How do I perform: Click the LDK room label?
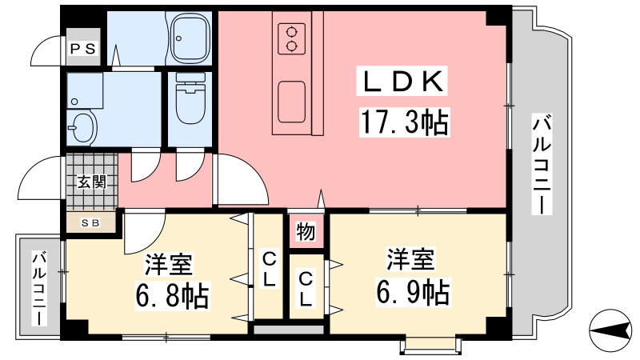click(x=402, y=81)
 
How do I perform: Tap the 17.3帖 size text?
click(x=403, y=122)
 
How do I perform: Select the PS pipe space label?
click(x=83, y=49)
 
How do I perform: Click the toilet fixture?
click(x=190, y=98)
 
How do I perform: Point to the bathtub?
click(x=190, y=38)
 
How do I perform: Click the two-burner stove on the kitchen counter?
click(x=291, y=38)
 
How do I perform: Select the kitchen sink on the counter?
click(x=291, y=102)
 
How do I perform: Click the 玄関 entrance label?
click(x=92, y=182)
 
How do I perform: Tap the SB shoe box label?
click(x=90, y=223)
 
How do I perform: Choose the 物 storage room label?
click(x=306, y=232)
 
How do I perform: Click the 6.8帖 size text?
click(x=171, y=295)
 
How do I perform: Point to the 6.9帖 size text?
click(x=412, y=292)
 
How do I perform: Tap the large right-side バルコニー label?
click(x=542, y=165)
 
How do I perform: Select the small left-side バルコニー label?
click(x=39, y=289)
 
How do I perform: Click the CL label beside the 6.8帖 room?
click(x=268, y=270)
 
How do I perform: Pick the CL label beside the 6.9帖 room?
click(x=306, y=290)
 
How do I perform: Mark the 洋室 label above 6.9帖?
click(x=411, y=259)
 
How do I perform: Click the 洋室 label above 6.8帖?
click(x=169, y=264)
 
